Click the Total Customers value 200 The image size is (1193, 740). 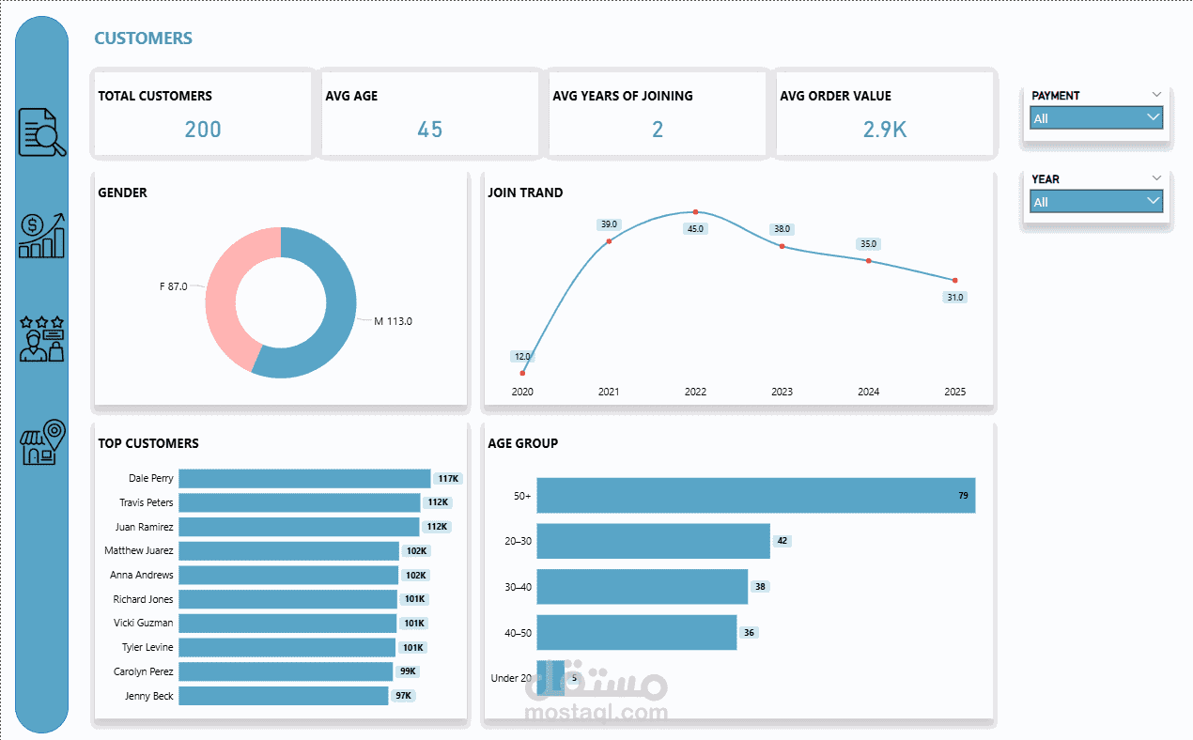(203, 130)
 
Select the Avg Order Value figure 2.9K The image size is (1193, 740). (885, 130)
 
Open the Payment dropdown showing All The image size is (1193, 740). (1096, 118)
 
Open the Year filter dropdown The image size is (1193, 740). (1096, 202)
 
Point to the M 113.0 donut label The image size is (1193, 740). (393, 321)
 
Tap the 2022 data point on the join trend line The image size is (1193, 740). (695, 212)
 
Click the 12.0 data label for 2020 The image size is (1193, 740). (522, 357)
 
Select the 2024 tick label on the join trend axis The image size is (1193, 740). (868, 392)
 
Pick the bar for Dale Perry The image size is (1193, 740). (304, 479)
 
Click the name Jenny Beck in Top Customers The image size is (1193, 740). (149, 696)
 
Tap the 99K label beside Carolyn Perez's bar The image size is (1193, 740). (408, 671)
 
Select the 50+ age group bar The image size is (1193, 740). (755, 495)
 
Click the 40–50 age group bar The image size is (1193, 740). (636, 632)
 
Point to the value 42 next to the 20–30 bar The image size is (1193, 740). (782, 541)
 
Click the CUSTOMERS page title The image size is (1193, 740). (143, 39)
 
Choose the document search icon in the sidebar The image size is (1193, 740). (43, 132)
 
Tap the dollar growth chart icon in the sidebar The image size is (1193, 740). (43, 235)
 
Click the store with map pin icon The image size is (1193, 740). (43, 441)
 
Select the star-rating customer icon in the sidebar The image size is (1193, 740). (43, 339)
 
